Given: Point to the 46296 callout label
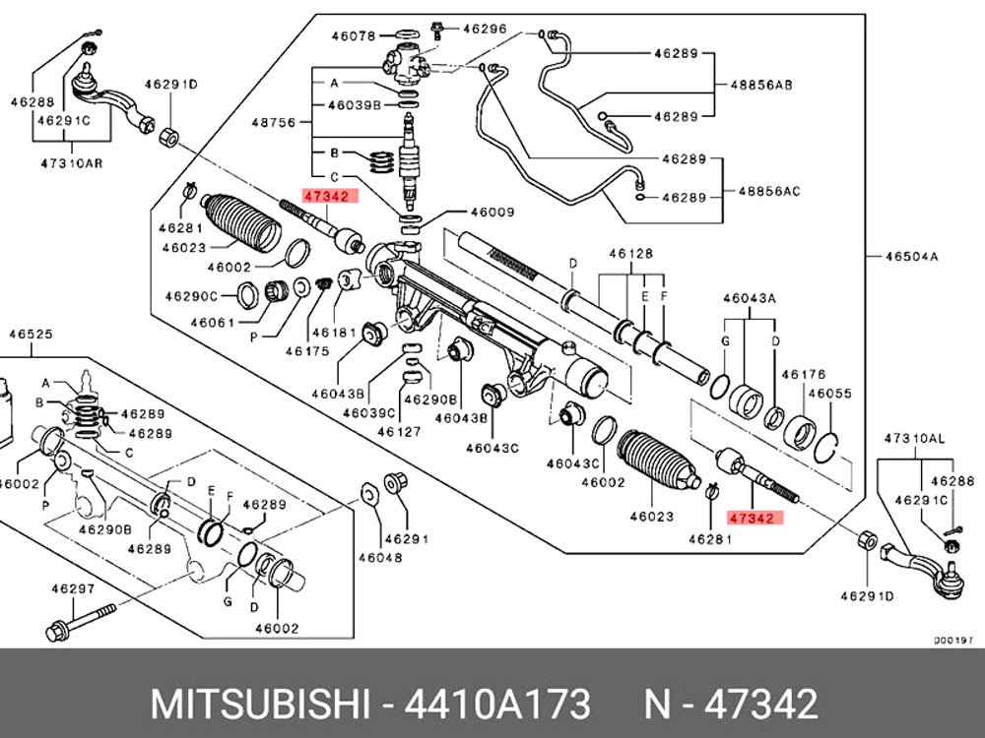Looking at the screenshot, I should tap(487, 30).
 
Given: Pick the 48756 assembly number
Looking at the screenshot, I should tap(272, 123).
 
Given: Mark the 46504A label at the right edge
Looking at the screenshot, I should tap(911, 257).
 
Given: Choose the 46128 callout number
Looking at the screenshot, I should tap(630, 254).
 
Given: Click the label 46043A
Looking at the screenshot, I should tap(749, 296).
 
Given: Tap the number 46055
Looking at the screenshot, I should tap(828, 392).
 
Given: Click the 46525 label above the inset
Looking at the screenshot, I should tap(31, 334).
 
